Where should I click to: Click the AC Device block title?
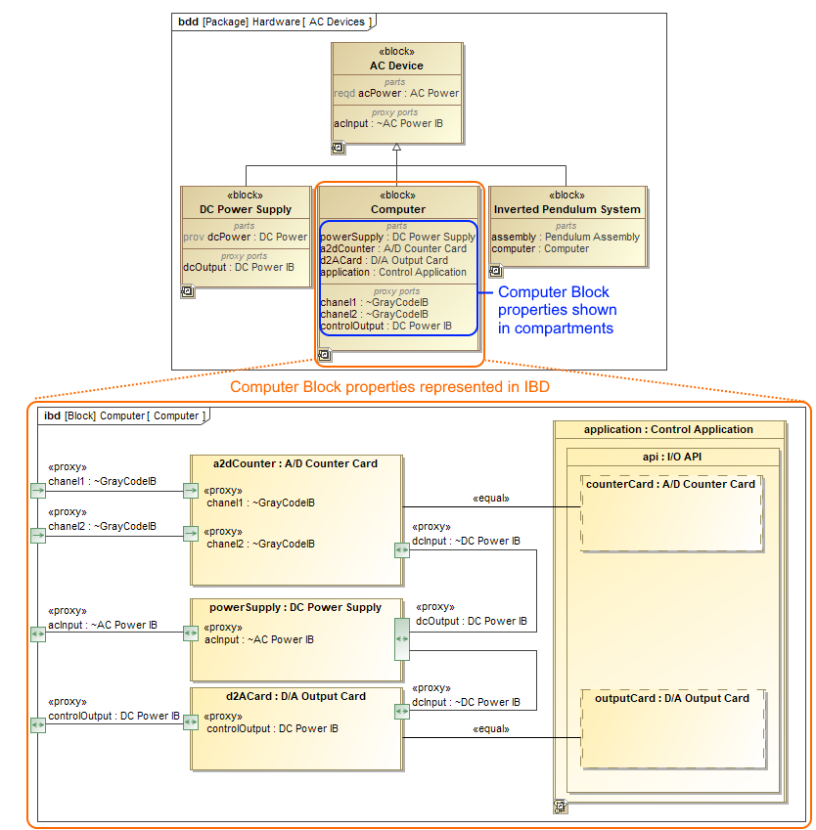click(396, 66)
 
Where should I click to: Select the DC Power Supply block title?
click(246, 209)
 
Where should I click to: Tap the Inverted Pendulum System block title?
click(567, 209)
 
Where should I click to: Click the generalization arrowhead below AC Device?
click(396, 148)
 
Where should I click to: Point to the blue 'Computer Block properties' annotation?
click(557, 310)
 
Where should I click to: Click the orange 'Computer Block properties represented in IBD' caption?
click(389, 387)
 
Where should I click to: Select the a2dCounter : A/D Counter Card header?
click(295, 463)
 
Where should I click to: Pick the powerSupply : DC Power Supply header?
click(295, 607)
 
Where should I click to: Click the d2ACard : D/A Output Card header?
click(295, 696)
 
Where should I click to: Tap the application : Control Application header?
click(668, 429)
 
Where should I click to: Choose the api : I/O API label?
click(671, 456)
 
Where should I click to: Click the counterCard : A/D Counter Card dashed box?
click(670, 514)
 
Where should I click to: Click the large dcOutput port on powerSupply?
click(401, 639)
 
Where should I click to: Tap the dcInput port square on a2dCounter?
click(401, 550)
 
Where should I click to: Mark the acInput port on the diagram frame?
click(38, 633)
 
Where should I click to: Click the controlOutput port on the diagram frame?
click(38, 723)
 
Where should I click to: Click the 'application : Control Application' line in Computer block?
click(392, 272)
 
